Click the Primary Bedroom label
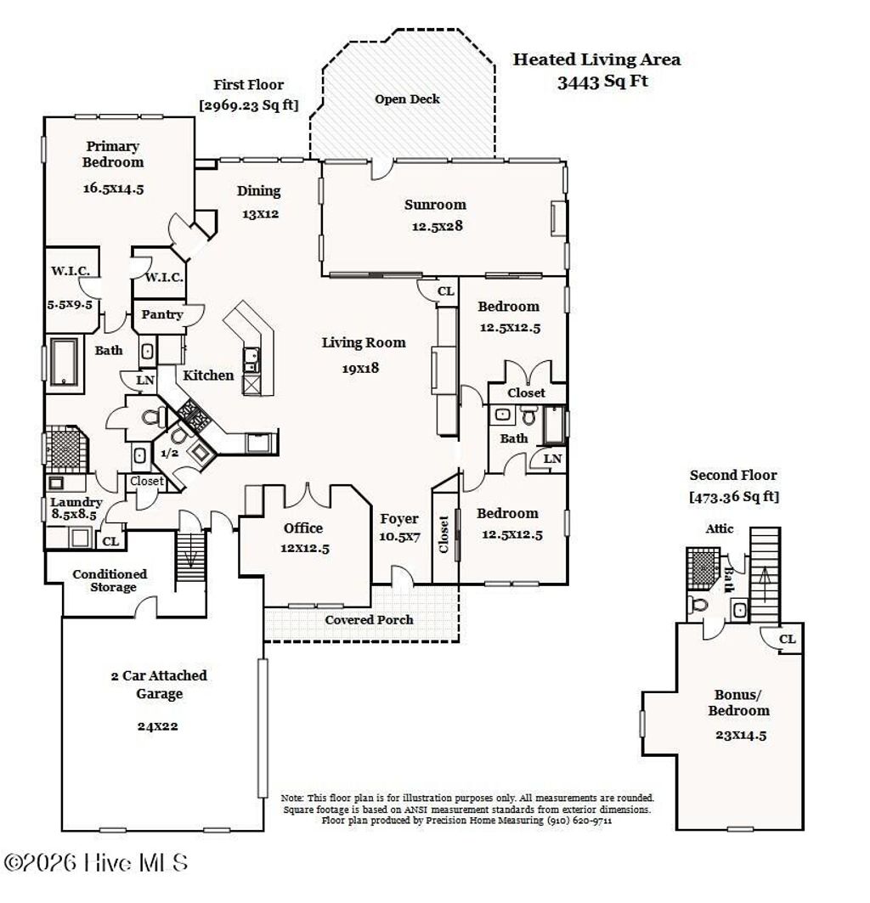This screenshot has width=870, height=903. click(112, 154)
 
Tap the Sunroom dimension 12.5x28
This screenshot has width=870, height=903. click(435, 226)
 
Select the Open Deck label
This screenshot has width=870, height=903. click(407, 99)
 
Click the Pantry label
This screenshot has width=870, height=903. click(161, 314)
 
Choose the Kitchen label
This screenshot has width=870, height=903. click(208, 375)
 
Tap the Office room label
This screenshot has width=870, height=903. click(302, 528)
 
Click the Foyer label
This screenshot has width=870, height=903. click(398, 519)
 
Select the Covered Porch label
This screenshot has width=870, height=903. click(369, 620)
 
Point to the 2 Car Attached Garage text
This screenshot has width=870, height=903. click(159, 685)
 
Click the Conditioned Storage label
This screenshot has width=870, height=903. click(110, 581)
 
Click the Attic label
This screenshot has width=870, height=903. click(719, 528)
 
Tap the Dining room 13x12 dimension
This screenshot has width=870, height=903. click(260, 214)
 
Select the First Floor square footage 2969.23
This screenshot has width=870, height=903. click(248, 105)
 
